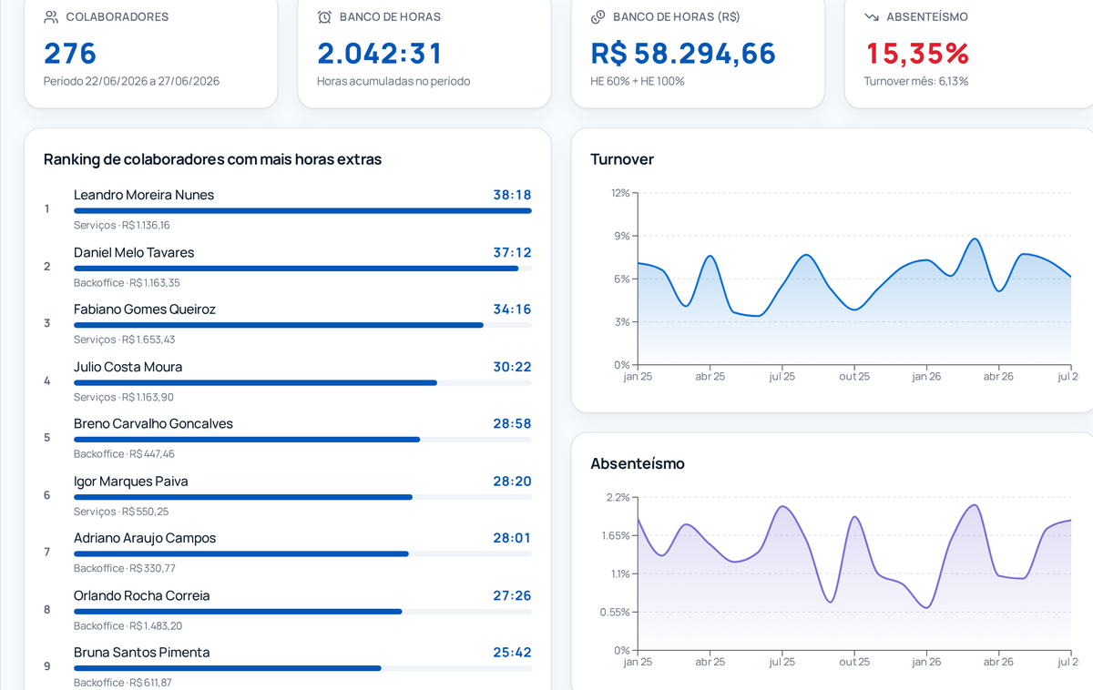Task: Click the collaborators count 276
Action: [70, 53]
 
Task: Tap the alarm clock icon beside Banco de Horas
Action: [324, 17]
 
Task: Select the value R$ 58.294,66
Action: [682, 53]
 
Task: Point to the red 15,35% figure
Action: [917, 53]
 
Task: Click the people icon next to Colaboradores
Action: [51, 17]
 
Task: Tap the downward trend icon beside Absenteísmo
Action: [872, 17]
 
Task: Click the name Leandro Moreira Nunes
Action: [144, 195]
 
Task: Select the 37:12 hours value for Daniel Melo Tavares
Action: [512, 252]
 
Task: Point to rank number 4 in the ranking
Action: [46, 381]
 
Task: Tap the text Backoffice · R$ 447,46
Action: [124, 454]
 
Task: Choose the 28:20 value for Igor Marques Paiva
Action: [512, 482]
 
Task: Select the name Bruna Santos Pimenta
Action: [141, 653]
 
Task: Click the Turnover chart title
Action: [621, 159]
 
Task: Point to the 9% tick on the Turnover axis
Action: [622, 236]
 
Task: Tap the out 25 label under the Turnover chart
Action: [854, 377]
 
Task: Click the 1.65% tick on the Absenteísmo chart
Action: [616, 536]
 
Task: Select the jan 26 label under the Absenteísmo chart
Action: [926, 662]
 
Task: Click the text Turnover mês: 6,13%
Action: [916, 81]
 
